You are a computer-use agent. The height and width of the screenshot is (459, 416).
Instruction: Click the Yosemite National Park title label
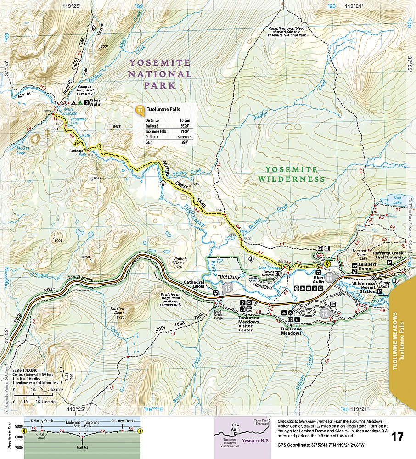pos(159,73)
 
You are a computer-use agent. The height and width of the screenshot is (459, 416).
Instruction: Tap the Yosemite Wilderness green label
pos(291,174)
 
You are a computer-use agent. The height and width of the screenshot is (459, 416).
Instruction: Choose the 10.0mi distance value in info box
pos(185,120)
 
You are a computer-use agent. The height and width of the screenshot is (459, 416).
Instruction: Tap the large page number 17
pos(398,436)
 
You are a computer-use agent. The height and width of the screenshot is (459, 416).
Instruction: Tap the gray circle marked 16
pos(329,278)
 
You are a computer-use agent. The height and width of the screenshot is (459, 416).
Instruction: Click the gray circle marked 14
pos(325,314)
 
